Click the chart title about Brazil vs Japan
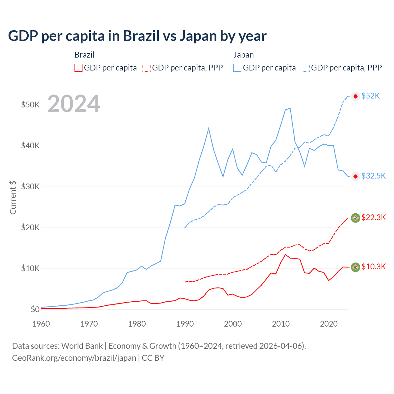coord(137,36)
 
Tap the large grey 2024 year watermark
coord(74,104)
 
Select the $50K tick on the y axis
coord(30,105)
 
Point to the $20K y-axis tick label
coord(30,227)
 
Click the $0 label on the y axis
coord(35,309)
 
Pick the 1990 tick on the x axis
coord(185,324)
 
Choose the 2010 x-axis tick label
coord(281,324)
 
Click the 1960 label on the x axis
coord(41,324)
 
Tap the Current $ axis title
coord(13,197)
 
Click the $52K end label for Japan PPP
coord(371,96)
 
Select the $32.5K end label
coord(373,176)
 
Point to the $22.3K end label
coord(373,217)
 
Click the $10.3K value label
coord(373,267)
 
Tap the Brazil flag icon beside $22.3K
coord(356,218)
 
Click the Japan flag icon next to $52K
coord(356,96)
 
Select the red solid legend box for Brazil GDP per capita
coord(78,68)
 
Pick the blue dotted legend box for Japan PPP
coord(306,68)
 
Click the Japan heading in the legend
coord(243,55)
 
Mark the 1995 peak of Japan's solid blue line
coord(209,128)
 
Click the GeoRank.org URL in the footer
coord(74,358)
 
